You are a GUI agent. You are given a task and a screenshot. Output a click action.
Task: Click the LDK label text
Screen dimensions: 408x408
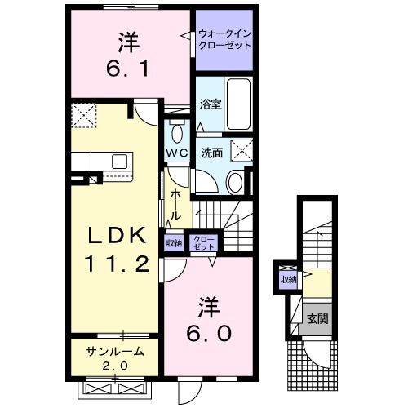[118, 237]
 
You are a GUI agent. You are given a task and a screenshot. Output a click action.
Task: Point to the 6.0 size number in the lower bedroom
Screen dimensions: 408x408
[203, 333]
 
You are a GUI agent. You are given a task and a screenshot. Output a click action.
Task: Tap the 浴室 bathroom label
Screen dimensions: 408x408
[210, 104]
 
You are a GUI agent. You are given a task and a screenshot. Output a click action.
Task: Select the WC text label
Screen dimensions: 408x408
[177, 153]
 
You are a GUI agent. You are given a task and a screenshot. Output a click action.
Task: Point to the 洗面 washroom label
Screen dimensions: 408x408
[214, 153]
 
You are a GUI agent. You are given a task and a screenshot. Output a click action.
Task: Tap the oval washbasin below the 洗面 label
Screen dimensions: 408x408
[234, 181]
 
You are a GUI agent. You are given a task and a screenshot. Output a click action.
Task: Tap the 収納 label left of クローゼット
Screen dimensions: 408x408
[174, 242]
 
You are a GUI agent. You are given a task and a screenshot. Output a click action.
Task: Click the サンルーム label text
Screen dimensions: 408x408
[115, 352]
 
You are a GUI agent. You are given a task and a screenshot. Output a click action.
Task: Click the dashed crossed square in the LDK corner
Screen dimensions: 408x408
[83, 117]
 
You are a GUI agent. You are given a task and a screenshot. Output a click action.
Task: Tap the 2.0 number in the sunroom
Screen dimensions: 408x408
[114, 366]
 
